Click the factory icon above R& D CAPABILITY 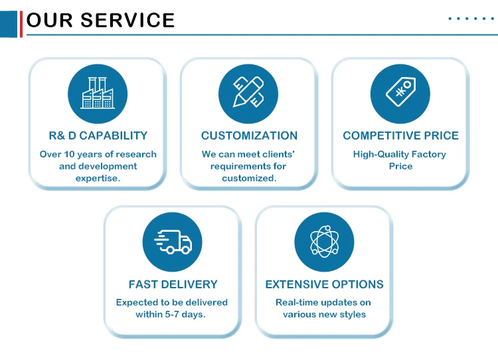[x=98, y=94]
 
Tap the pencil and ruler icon [x=248, y=92]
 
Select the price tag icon [x=401, y=91]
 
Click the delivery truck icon [x=173, y=242]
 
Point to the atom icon [x=324, y=242]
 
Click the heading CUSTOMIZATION [x=249, y=135]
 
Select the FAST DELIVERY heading [x=173, y=284]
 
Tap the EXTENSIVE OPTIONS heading [x=324, y=284]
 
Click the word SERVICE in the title [x=127, y=21]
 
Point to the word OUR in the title [x=50, y=21]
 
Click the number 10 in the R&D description [x=69, y=154]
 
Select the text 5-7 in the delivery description [x=172, y=314]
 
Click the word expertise [x=98, y=179]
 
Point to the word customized [x=249, y=178]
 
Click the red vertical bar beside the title [x=21, y=24]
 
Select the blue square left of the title [x=9, y=24]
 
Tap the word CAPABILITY [x=113, y=135]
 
